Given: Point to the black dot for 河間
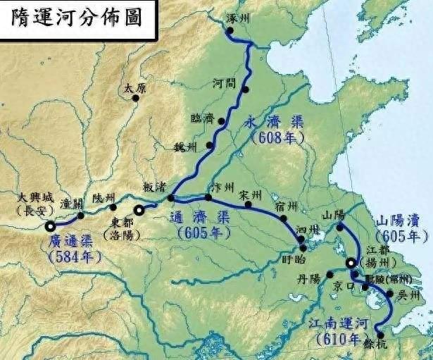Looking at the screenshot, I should pos(245,89).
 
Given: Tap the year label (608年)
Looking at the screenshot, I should pos(281,137).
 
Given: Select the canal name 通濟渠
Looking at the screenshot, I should pos(200,218).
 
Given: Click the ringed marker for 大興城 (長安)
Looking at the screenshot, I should pos(51,226).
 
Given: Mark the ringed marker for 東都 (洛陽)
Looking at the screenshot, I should pos(139,209).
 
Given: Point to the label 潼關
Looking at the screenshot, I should pos(73,203).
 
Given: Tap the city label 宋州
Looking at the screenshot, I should pos(251,193).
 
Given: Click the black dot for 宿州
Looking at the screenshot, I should pos(283,218).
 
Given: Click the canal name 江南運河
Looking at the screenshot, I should pos(334,323).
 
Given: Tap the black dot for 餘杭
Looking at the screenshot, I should pos(379,335).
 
